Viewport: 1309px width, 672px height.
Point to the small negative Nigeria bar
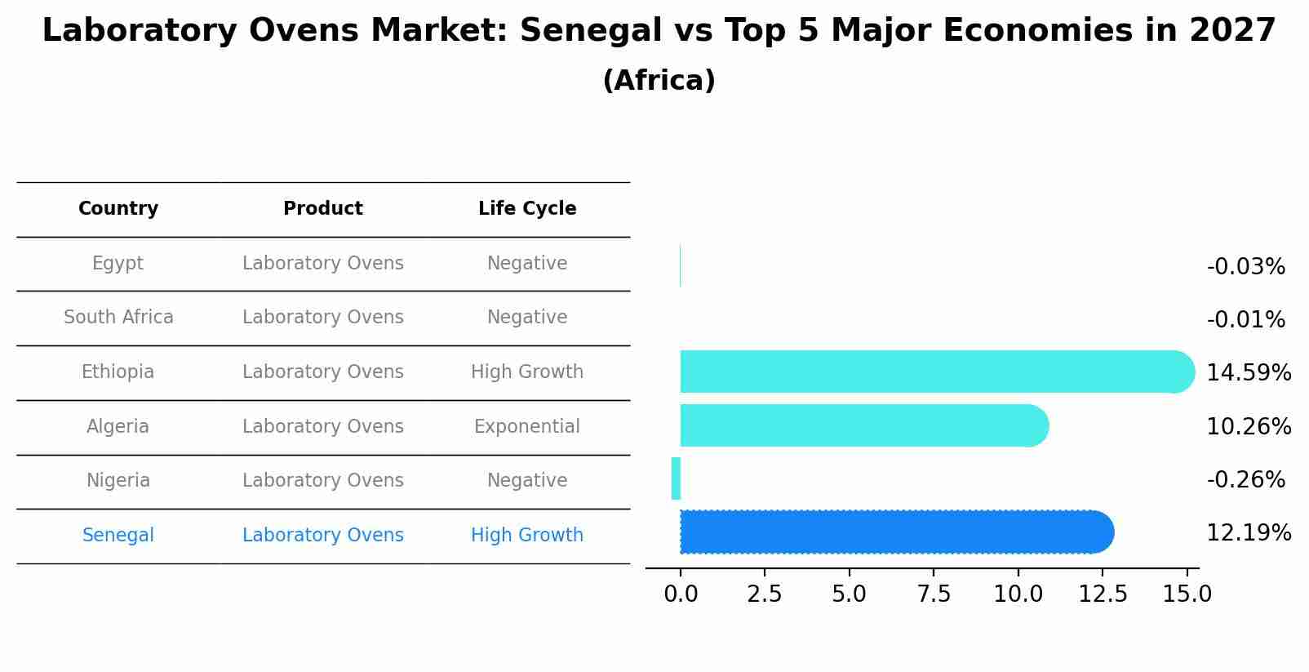click(676, 478)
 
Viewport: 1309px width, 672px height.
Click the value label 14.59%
click(1248, 373)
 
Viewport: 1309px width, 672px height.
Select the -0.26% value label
click(1245, 480)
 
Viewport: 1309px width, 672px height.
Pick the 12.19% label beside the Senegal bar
click(1248, 533)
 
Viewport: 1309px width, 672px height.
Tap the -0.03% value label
click(1245, 267)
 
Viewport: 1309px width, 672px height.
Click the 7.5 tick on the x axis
click(934, 594)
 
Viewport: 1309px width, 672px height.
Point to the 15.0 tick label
click(1187, 594)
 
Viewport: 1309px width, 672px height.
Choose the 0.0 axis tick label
click(681, 594)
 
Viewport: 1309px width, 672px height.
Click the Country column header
click(118, 209)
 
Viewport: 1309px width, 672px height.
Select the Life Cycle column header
click(527, 209)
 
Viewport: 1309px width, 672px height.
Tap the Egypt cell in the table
click(118, 264)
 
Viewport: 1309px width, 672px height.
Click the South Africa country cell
click(118, 318)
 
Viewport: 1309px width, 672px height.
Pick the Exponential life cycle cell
click(526, 427)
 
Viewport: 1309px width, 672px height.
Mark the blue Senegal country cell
click(118, 536)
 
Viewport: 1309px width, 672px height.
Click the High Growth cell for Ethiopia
click(526, 372)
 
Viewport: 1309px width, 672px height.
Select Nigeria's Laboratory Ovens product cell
click(322, 481)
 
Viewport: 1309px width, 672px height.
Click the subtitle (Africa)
click(659, 81)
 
